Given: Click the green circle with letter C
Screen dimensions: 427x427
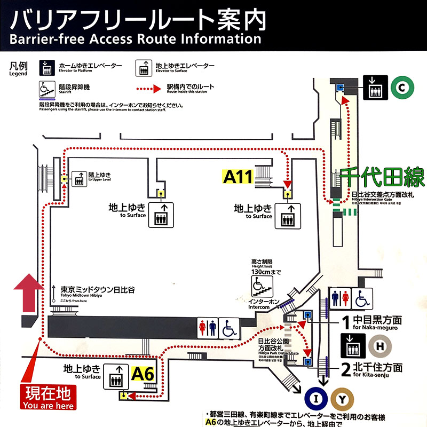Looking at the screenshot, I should [x=400, y=88].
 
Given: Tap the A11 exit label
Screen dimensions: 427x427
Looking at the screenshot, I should [x=238, y=176].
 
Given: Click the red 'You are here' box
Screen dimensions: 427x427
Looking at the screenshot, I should [x=48, y=398].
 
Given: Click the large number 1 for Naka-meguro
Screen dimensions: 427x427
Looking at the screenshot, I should [x=345, y=322].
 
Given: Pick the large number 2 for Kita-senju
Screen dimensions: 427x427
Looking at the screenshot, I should [x=346, y=367].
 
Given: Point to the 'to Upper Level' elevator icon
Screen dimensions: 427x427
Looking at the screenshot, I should [x=80, y=178].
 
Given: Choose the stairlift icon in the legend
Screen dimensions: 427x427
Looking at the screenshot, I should [x=48, y=89].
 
